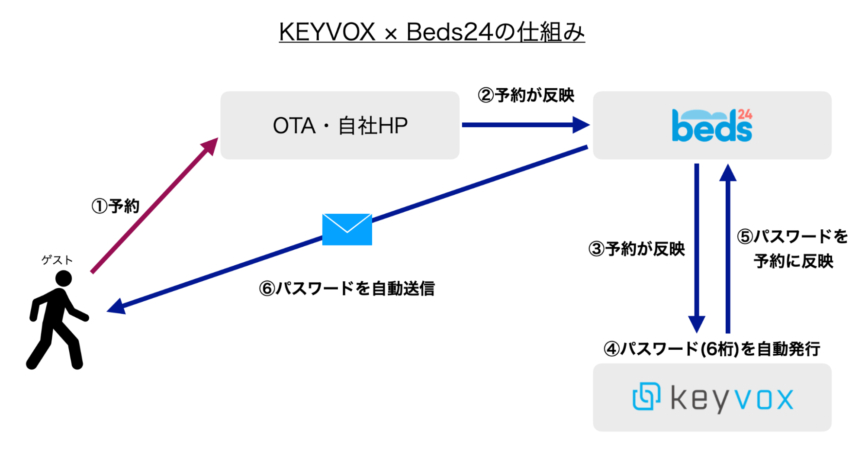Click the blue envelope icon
[x=347, y=229]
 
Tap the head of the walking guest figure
[x=64, y=278]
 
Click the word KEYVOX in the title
[x=327, y=32]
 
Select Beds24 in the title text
[x=450, y=32]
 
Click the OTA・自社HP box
[x=340, y=126]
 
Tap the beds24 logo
[x=712, y=126]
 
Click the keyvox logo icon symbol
[x=646, y=396]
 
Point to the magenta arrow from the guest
[x=154, y=206]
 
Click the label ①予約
[x=116, y=206]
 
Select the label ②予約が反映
[x=526, y=95]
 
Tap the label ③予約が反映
[x=637, y=249]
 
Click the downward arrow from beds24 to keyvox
[x=697, y=247]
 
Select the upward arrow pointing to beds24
[x=728, y=247]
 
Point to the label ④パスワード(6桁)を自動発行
[x=712, y=349]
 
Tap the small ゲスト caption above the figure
[x=57, y=260]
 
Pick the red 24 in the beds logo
[x=745, y=114]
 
